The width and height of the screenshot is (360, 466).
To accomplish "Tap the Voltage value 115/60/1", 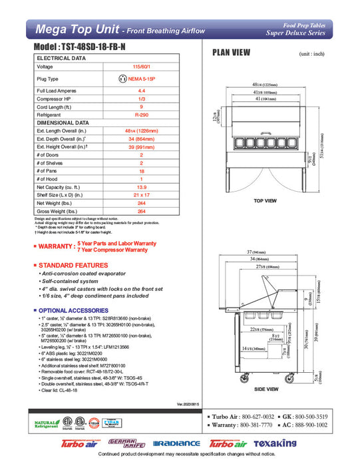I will tap(141, 67).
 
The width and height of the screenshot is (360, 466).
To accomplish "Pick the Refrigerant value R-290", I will tap(141, 114).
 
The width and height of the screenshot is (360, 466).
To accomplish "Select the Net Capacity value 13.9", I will tap(141, 188).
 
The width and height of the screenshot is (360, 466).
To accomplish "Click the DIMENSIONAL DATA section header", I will tap(63, 122).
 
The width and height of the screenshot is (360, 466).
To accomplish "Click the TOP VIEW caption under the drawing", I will tap(265, 200).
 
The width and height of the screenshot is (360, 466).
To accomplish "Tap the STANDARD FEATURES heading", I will tap(75, 265).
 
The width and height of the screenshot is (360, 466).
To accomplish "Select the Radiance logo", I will tap(176, 443).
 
